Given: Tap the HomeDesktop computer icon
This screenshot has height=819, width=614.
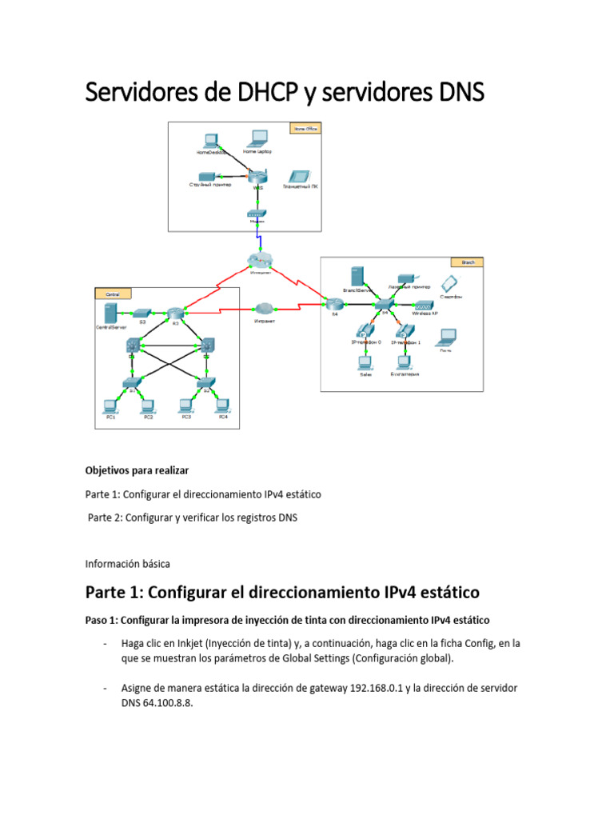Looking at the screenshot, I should point(212,139).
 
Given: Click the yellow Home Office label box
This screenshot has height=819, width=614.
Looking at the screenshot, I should point(304,127).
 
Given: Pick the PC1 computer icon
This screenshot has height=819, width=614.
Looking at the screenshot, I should point(110,406).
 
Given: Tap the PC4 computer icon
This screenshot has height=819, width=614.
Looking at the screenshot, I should point(223,406).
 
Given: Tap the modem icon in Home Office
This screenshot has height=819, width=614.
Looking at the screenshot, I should point(257,215).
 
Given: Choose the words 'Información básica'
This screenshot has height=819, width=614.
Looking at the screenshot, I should point(127,563).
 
